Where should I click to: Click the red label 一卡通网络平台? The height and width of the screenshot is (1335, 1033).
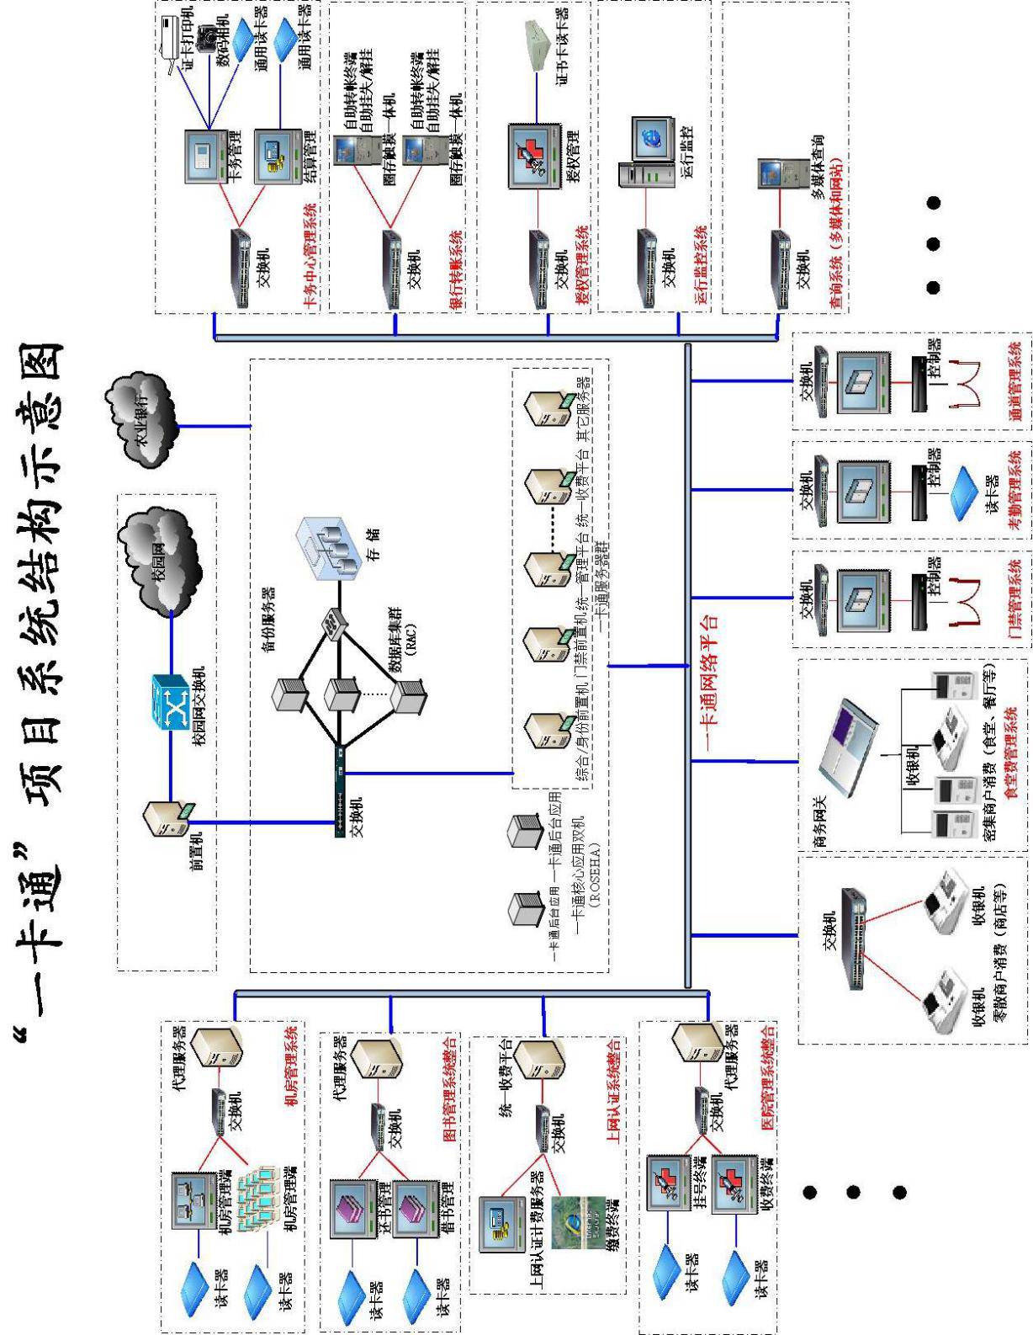point(709,682)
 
